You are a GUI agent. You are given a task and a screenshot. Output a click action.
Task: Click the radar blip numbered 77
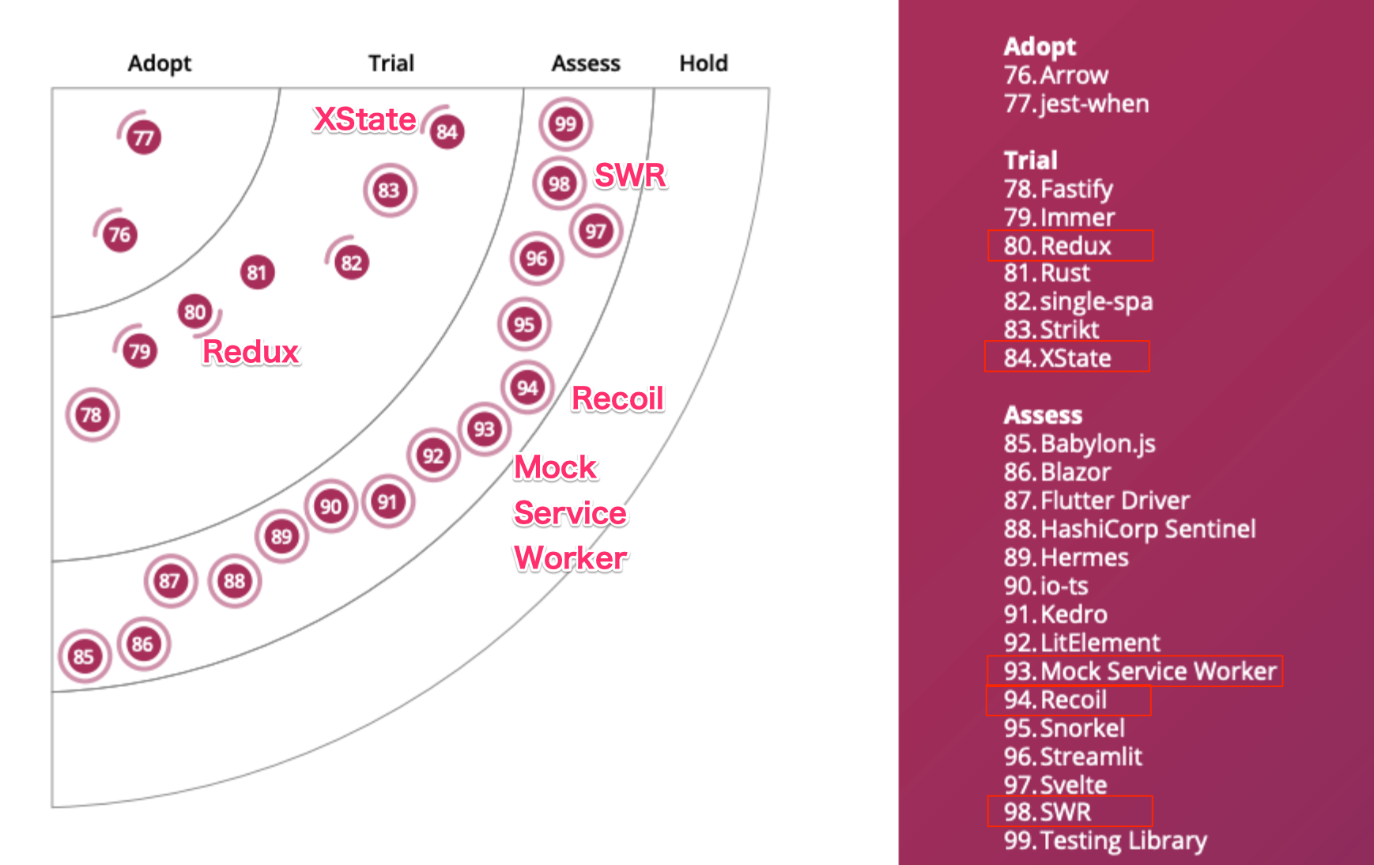point(143,138)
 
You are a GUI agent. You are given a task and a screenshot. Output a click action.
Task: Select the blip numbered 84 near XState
point(447,131)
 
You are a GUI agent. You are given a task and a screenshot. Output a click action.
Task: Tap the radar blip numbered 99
point(565,124)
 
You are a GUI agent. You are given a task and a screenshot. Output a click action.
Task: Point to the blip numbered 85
point(84,655)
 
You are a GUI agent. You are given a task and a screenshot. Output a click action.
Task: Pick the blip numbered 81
point(257,273)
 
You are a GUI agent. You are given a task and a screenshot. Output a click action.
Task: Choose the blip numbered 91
point(387,502)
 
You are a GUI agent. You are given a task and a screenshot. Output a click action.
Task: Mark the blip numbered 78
point(92,414)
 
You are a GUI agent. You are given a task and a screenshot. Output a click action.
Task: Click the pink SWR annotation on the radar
point(630,176)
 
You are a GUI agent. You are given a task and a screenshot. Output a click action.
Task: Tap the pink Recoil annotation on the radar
point(617,399)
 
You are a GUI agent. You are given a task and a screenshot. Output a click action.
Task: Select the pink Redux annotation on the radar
point(251,352)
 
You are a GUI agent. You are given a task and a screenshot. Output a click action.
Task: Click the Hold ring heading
point(704,63)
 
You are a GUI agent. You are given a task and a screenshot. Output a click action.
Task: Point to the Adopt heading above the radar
point(160,63)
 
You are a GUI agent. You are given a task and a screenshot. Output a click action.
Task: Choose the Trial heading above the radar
point(391,63)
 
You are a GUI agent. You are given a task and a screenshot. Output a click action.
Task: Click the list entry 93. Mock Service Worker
point(1139,671)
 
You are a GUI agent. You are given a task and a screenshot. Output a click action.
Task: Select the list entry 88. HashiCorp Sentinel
point(1129,529)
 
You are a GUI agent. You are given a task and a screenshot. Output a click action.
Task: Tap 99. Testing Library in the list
point(1104,840)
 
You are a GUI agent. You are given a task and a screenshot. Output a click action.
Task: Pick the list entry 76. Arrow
point(1055,75)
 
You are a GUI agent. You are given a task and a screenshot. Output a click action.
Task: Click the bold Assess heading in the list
point(1043,415)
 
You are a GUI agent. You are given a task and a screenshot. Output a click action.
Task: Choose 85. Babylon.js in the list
point(1079,444)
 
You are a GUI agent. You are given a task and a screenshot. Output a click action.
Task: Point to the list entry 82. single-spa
point(1078,301)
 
